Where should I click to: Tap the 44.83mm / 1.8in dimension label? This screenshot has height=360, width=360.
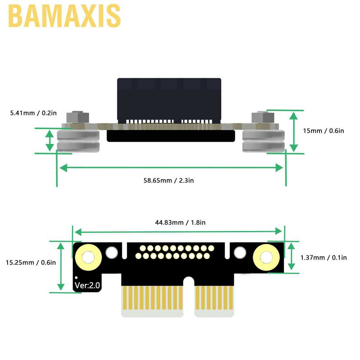coord(180,223)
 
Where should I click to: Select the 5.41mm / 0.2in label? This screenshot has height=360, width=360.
coord(33,113)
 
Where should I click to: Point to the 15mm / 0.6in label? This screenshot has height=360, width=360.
coord(323,131)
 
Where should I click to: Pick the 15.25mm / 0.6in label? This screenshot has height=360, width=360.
coord(31,263)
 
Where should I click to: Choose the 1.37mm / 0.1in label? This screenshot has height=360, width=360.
coord(324,257)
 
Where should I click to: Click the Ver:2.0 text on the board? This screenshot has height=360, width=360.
coord(87,286)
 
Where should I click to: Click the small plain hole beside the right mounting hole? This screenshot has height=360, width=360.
coord(239,253)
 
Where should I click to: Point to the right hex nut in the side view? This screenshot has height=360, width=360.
coord(263,117)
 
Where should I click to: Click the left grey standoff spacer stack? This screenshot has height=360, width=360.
coord(78,141)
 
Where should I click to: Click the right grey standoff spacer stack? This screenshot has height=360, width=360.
coord(264,141)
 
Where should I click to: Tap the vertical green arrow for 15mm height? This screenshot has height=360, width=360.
coord(294,131)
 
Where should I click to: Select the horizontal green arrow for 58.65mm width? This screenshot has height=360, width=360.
coord(171,168)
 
